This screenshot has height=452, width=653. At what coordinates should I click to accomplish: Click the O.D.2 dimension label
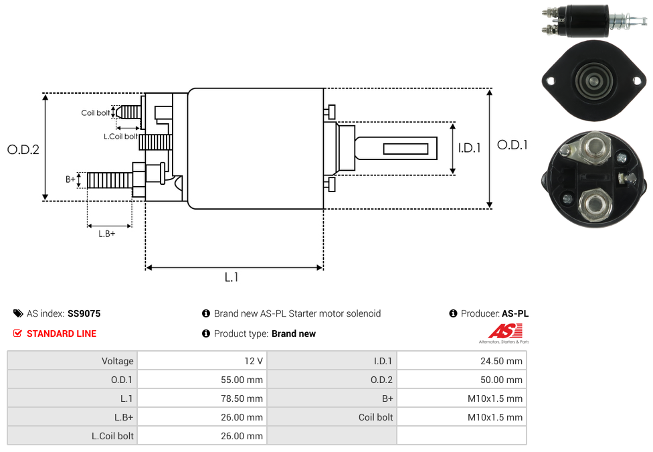(23, 149)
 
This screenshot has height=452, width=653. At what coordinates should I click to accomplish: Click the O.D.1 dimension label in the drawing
(512, 145)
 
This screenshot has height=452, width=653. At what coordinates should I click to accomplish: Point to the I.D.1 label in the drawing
(469, 148)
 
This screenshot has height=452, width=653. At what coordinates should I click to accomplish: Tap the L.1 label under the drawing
(231, 277)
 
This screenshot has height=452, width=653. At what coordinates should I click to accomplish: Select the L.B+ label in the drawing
(106, 234)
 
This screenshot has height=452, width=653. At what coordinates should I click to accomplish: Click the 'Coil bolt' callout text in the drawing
(96, 112)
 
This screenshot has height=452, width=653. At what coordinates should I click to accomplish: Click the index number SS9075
(84, 313)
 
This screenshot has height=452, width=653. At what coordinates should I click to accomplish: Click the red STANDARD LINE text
(62, 333)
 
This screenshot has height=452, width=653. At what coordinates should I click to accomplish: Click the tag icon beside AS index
(18, 313)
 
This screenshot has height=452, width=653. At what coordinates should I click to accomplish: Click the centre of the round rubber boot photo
(593, 80)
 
